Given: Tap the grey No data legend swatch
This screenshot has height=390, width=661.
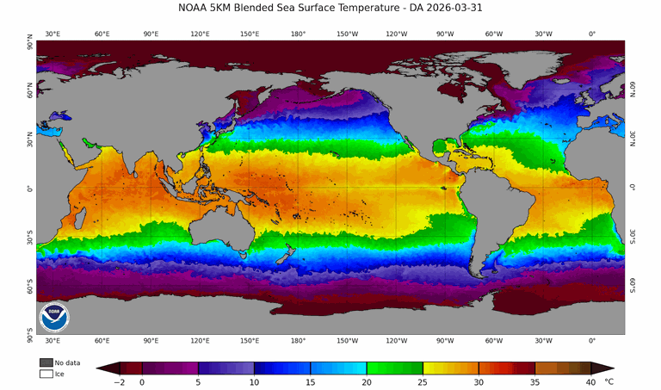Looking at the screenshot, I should tap(46, 363).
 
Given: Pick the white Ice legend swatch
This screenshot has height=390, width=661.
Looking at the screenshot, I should tap(46, 374).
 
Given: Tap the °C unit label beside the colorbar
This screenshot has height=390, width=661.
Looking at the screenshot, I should tap(609, 380).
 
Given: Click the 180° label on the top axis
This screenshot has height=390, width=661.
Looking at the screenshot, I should tap(298, 34).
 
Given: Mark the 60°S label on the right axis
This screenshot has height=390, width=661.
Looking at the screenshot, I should tap(631, 285).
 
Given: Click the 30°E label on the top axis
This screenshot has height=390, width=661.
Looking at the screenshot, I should tap(53, 34).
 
